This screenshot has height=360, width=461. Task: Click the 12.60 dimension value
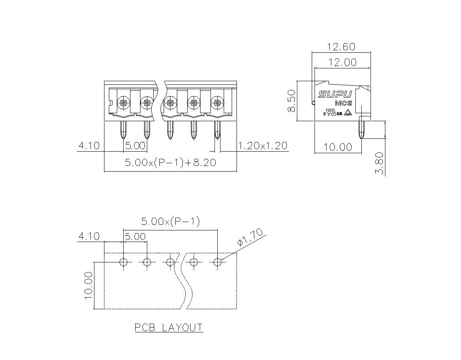point(341,47)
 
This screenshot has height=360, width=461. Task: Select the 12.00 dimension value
point(342,62)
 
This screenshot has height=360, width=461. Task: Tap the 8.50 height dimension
point(291,101)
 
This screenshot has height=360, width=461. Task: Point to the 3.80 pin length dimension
point(380,163)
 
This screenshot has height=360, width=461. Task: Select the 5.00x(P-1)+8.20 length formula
point(170,162)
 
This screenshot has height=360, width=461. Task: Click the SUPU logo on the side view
point(335,94)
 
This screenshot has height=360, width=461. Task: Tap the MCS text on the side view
point(343,104)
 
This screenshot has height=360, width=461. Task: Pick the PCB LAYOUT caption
point(169,327)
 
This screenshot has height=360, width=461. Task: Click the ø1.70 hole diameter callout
point(250,237)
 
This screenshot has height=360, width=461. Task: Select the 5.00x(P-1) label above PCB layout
point(170,221)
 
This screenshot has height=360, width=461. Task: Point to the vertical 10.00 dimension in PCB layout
point(88,285)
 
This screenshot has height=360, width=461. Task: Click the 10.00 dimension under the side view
point(338,147)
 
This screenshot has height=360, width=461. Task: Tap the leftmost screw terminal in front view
point(123,103)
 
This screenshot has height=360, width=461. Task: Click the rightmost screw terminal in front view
point(217,103)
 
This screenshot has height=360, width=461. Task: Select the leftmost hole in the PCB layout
point(124,262)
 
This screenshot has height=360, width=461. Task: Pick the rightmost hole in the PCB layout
point(217,262)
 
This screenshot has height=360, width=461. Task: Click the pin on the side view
point(362,129)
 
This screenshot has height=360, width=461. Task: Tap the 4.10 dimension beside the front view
point(89,146)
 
